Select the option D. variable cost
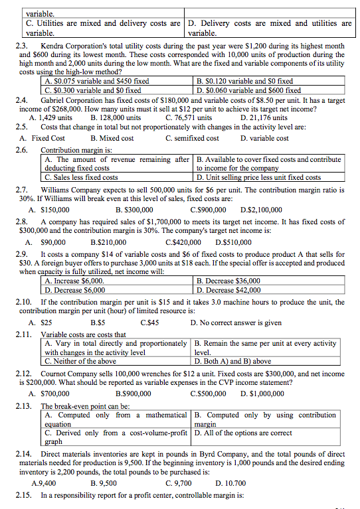[x=264, y=138]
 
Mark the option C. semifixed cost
[x=192, y=138]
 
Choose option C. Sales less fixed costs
[x=81, y=177]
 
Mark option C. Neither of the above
[x=80, y=362]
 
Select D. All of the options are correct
[x=244, y=433]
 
